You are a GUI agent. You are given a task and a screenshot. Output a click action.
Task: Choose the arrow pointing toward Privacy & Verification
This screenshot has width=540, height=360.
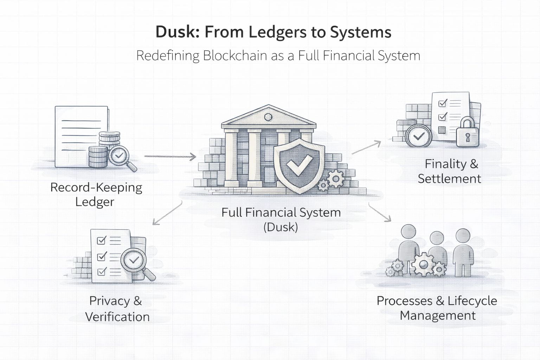pos(167,213)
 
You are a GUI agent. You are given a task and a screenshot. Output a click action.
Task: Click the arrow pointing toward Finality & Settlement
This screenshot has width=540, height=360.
pos(366,147)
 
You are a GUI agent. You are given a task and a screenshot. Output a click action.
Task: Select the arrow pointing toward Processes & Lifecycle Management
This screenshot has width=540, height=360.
pos(380,212)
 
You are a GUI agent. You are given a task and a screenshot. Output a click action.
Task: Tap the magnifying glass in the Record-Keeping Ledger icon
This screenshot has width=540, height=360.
pos(121,157)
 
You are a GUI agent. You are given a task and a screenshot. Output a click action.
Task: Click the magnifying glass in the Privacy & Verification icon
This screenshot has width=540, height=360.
pos(135,262)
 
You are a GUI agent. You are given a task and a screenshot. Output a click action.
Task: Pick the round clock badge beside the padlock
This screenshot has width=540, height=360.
pos(418,136)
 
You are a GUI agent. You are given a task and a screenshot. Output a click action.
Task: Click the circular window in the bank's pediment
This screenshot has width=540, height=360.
pos(268,117)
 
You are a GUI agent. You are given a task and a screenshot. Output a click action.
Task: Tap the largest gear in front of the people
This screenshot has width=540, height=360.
pos(423,263)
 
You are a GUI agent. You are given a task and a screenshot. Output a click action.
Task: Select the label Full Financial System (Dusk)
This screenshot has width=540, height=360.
pos(281,219)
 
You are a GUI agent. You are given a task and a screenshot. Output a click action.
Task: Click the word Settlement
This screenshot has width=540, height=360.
pos(449,179)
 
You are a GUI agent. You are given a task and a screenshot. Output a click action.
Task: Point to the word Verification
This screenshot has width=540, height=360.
pos(117,317)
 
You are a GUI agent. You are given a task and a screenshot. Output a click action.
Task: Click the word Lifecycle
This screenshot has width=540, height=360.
pos(472,301)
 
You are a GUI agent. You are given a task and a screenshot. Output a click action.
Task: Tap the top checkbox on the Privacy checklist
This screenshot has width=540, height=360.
pos(101,240)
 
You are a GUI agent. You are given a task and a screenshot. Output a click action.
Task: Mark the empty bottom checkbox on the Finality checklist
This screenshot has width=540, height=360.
pos(442,130)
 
